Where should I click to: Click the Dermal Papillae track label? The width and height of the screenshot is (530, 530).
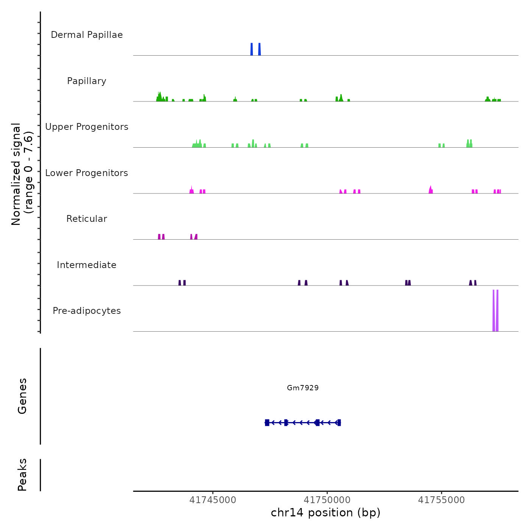(87, 35)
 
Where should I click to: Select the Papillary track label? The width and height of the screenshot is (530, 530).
(87, 81)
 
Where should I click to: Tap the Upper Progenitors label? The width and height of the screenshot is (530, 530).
(87, 127)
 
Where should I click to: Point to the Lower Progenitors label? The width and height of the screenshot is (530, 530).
(87, 173)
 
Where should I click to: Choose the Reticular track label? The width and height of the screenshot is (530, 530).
(87, 219)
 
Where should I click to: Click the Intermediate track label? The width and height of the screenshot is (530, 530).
(87, 265)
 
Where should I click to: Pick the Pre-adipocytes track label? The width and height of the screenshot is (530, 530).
(87, 311)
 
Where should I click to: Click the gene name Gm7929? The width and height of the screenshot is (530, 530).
(303, 388)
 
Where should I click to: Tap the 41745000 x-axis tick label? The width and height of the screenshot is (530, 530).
(213, 500)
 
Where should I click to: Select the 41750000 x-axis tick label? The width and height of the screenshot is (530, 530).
(327, 500)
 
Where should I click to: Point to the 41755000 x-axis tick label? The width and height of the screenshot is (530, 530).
(441, 500)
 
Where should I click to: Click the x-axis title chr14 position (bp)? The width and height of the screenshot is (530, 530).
(326, 513)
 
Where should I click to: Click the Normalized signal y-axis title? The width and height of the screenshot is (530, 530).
(22, 174)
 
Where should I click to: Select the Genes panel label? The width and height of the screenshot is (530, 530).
(22, 396)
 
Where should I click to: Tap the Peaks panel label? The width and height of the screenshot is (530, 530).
(22, 475)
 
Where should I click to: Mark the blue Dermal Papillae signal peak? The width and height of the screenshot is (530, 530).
(252, 49)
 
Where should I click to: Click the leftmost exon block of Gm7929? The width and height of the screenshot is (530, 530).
(267, 422)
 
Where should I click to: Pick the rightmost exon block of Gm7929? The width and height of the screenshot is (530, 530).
(339, 422)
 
